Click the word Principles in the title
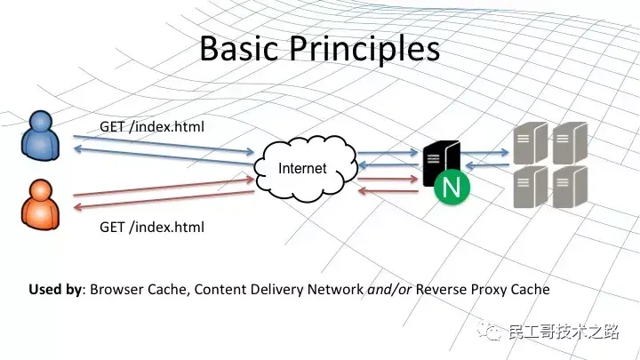coord(365,49)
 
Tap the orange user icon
coord(40,203)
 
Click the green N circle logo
coord(451,188)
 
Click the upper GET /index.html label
coord(152,126)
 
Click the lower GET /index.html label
coord(152,227)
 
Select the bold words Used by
coord(56,289)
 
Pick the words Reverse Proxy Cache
coord(483,289)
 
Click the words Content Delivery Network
coord(279,289)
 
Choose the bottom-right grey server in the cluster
coord(569,187)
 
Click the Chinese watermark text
coord(562,332)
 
